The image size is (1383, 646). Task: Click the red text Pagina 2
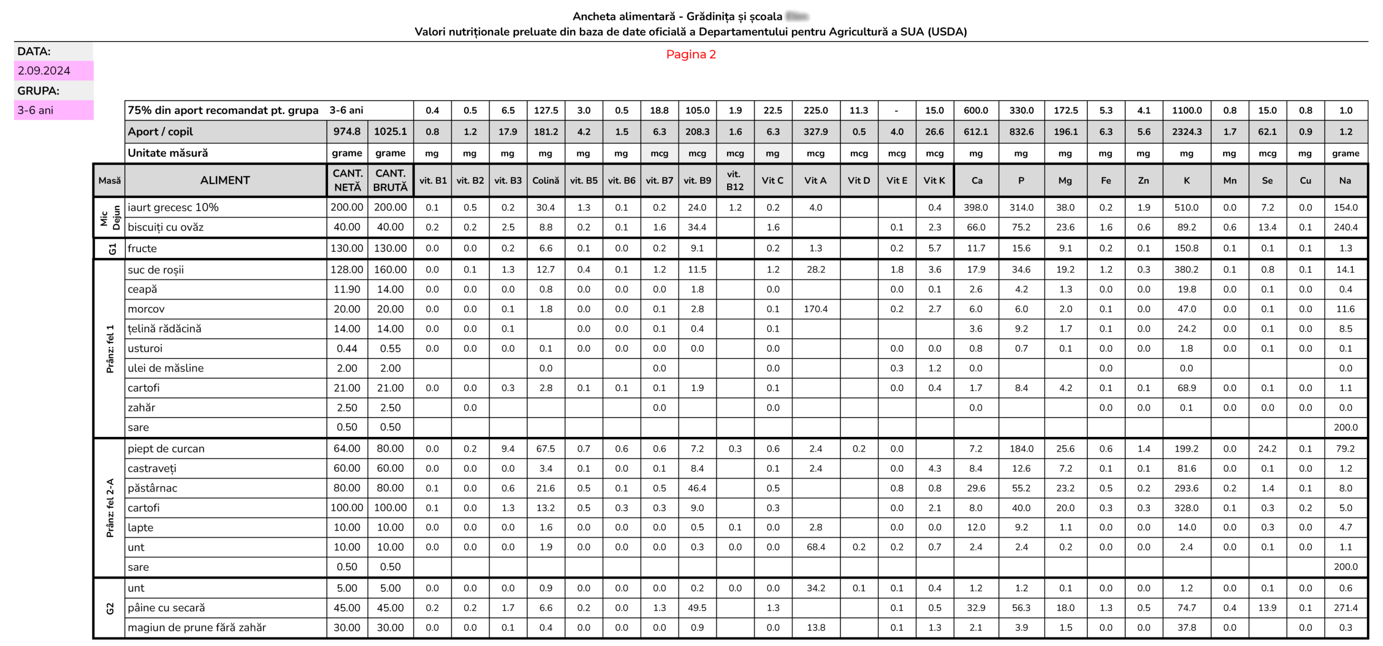[x=690, y=55]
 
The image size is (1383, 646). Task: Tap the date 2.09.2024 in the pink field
[x=44, y=71]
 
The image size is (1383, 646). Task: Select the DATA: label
[x=34, y=51]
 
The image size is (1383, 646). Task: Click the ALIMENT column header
[x=225, y=180]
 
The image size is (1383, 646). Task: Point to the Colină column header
[x=546, y=180]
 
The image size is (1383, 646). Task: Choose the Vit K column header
[x=934, y=180]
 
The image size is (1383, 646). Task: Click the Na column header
[x=1345, y=180]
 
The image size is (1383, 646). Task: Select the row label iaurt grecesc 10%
[x=173, y=207]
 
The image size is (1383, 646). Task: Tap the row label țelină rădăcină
[x=164, y=328]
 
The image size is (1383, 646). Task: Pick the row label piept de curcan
[x=166, y=448]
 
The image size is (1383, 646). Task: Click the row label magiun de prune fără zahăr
[x=197, y=627]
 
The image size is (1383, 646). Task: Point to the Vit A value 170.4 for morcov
[x=815, y=309]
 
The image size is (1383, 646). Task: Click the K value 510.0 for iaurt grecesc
[x=1186, y=207]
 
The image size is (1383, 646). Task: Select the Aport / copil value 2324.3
[x=1186, y=132]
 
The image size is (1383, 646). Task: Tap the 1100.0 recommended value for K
[x=1186, y=110]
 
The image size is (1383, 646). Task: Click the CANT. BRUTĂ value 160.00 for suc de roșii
[x=390, y=270]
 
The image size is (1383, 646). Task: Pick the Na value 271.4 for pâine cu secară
[x=1345, y=608]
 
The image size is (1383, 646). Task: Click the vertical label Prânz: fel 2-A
[x=110, y=508]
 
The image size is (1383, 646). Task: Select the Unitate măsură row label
[x=167, y=153]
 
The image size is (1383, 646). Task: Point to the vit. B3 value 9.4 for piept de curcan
[x=508, y=448]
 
